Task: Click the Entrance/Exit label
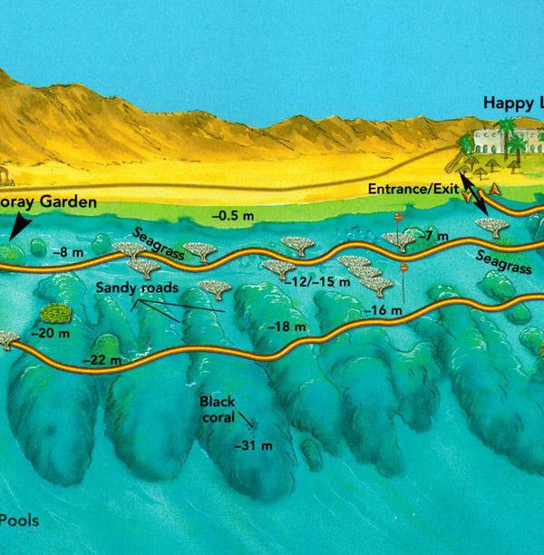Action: pos(410,189)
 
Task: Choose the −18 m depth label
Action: pos(282,326)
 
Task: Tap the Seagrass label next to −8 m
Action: pos(160,245)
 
